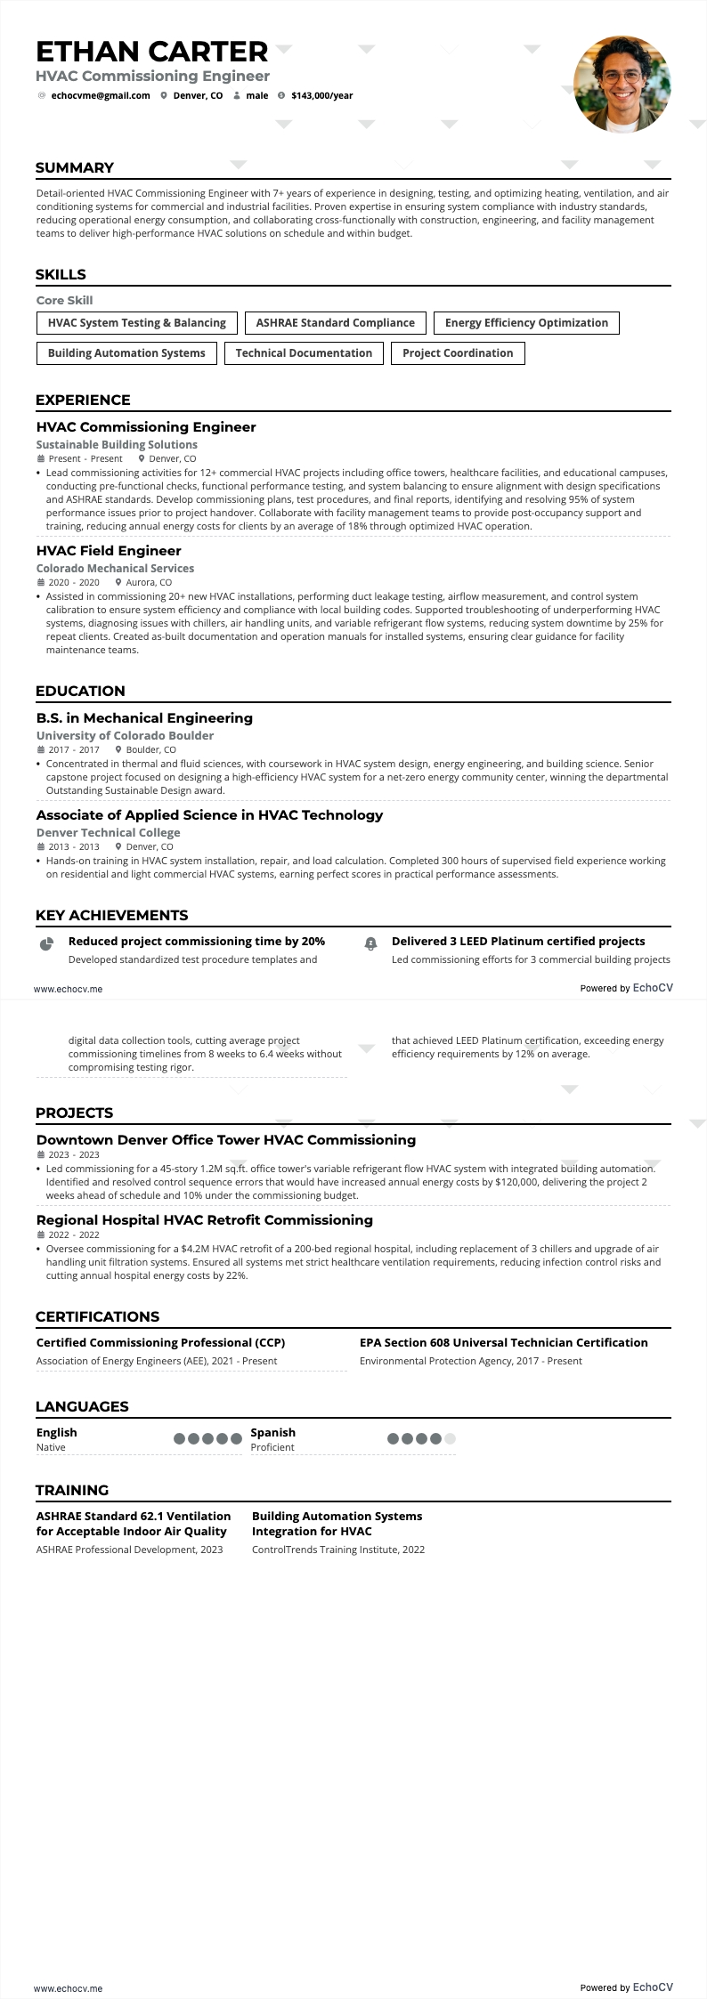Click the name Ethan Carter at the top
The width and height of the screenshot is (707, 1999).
pyautogui.click(x=152, y=52)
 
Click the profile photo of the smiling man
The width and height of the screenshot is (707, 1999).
pyautogui.click(x=622, y=85)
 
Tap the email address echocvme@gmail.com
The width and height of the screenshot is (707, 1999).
pyautogui.click(x=101, y=96)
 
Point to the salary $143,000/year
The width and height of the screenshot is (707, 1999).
pyautogui.click(x=321, y=96)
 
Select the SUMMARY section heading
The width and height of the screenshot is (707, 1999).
pyautogui.click(x=75, y=168)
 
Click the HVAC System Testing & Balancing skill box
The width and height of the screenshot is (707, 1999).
pyautogui.click(x=137, y=323)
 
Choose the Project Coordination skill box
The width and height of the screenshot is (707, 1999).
pyautogui.click(x=458, y=353)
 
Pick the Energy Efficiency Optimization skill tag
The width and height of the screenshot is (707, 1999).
pyautogui.click(x=526, y=323)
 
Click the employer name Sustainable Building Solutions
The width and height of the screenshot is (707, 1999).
pyautogui.click(x=117, y=445)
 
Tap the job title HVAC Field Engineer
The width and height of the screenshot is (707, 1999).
pyautogui.click(x=109, y=551)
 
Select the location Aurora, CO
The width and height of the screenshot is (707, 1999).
pyautogui.click(x=149, y=582)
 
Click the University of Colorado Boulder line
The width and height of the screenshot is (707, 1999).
pyautogui.click(x=125, y=736)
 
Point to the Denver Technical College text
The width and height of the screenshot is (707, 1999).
pyautogui.click(x=108, y=833)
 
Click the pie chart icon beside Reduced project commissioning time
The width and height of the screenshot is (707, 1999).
pyautogui.click(x=47, y=943)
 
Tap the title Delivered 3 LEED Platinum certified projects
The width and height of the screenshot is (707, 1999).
pyautogui.click(x=518, y=942)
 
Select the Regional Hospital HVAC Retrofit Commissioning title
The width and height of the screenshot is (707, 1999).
pyautogui.click(x=205, y=1220)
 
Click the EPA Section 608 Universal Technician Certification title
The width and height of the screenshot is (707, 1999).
pyautogui.click(x=504, y=1343)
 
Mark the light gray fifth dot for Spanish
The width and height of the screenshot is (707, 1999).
pyautogui.click(x=450, y=1438)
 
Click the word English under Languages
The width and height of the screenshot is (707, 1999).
pyautogui.click(x=57, y=1433)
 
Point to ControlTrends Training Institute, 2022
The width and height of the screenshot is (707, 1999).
pyautogui.click(x=338, y=1550)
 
